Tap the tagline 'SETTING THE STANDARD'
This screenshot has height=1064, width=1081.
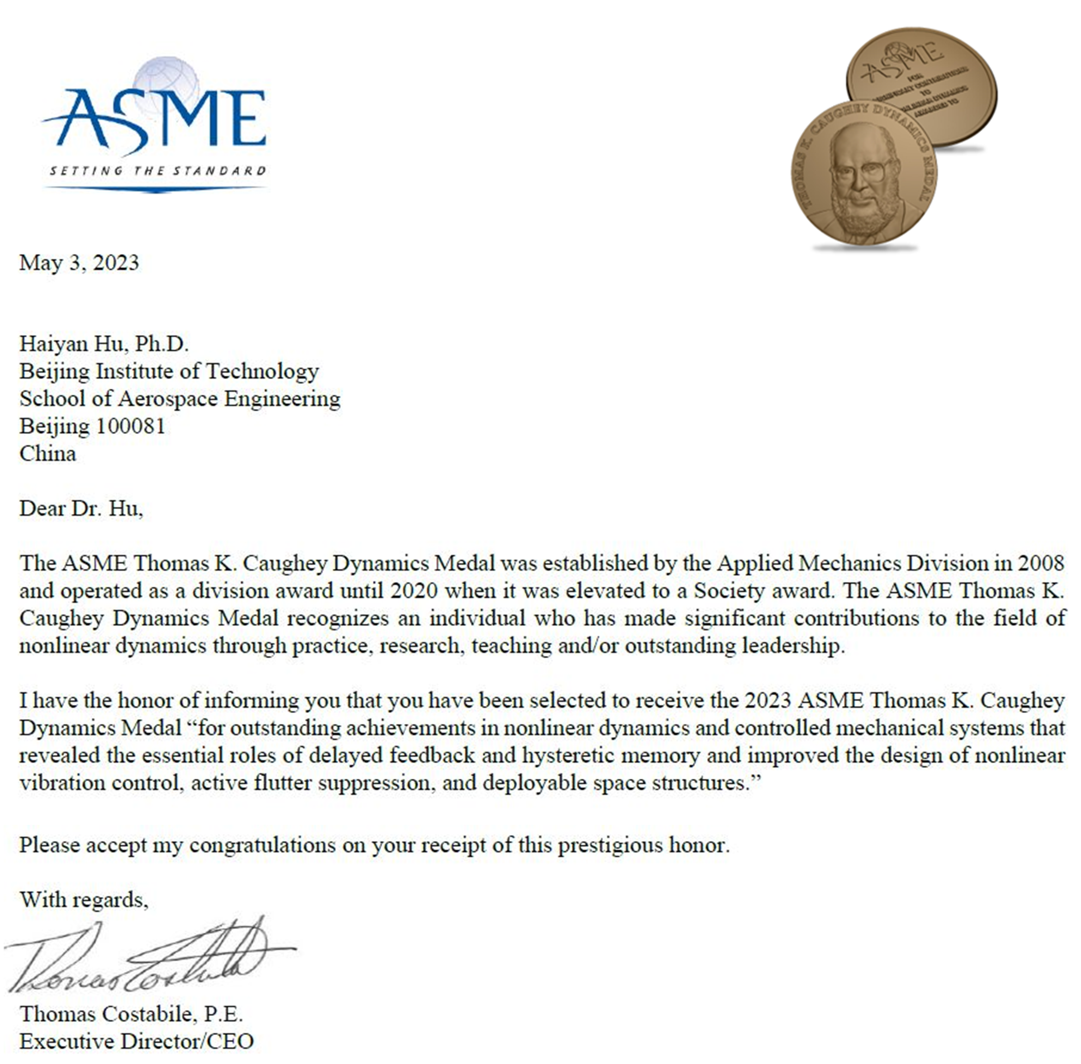click(x=157, y=170)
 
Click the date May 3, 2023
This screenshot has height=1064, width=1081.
click(x=79, y=263)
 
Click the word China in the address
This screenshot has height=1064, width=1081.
click(x=48, y=453)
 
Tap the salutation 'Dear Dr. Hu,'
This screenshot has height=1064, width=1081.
click(x=81, y=508)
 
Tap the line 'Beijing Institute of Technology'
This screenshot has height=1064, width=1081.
click(x=169, y=371)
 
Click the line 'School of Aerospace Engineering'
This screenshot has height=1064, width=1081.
click(x=180, y=398)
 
